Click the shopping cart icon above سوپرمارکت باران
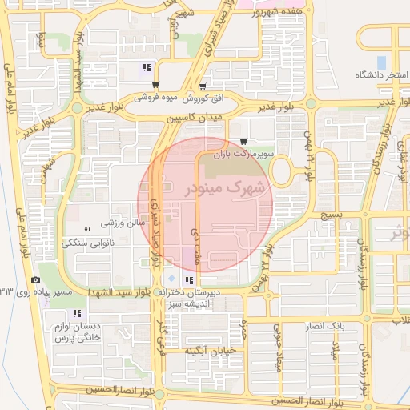(243, 141)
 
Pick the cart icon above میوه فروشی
(154, 86)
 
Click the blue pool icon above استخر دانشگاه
(382, 62)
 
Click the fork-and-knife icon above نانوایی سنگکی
(88, 230)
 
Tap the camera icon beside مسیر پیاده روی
(35, 279)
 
